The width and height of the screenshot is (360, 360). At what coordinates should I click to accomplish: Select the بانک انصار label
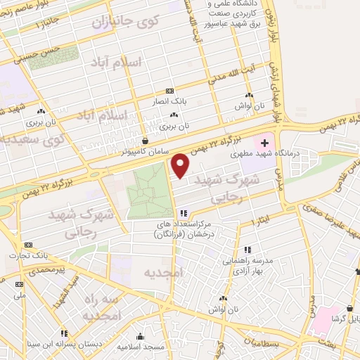coord(169,102)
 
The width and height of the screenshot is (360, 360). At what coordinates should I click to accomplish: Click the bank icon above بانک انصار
coord(169,91)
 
